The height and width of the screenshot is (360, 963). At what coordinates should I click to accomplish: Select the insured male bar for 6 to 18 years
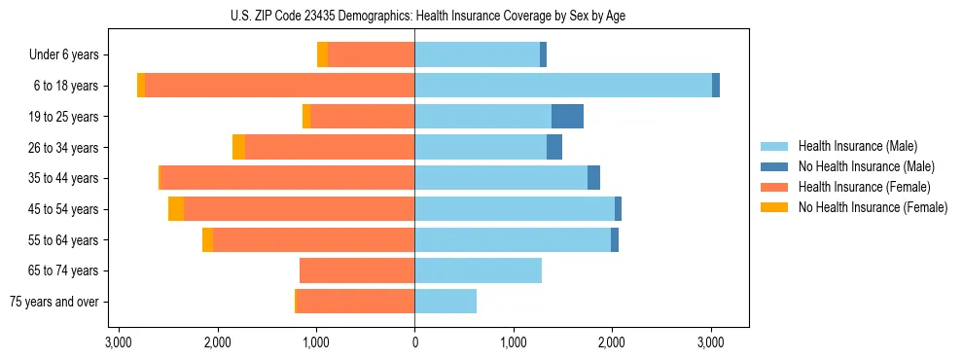click(563, 86)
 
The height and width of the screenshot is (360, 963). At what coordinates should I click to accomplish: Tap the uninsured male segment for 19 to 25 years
click(567, 117)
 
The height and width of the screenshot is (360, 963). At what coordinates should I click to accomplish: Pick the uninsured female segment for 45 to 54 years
click(176, 209)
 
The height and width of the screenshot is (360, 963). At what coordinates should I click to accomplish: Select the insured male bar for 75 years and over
click(446, 302)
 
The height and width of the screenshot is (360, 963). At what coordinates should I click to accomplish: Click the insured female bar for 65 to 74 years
click(357, 270)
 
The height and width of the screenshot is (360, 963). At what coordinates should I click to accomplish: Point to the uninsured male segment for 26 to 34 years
click(554, 148)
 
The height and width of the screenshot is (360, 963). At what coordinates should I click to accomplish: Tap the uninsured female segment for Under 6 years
click(323, 54)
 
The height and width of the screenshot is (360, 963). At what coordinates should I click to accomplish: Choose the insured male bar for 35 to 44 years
click(501, 178)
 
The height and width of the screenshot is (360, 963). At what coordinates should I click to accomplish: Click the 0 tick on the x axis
click(414, 342)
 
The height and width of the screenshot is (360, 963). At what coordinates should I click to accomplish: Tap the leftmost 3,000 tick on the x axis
click(119, 342)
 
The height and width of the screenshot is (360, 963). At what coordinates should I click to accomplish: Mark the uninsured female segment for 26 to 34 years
click(238, 148)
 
